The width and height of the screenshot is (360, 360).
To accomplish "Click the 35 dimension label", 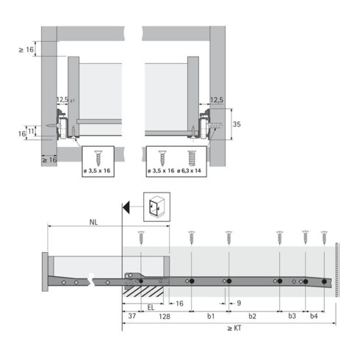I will tap(237, 124).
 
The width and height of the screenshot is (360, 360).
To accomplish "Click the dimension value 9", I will tap(240, 303).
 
